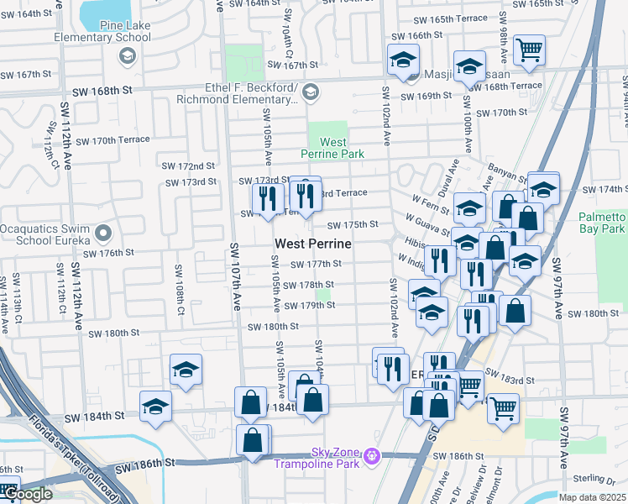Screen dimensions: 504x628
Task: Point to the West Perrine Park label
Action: tap(333, 148)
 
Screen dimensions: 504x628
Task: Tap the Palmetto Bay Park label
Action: tap(602, 222)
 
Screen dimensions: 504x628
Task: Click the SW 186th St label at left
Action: tap(144, 464)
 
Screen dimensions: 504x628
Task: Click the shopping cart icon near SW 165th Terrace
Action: tap(529, 50)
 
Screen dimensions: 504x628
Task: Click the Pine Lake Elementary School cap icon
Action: tap(128, 56)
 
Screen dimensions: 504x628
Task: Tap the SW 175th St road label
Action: tap(353, 225)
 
